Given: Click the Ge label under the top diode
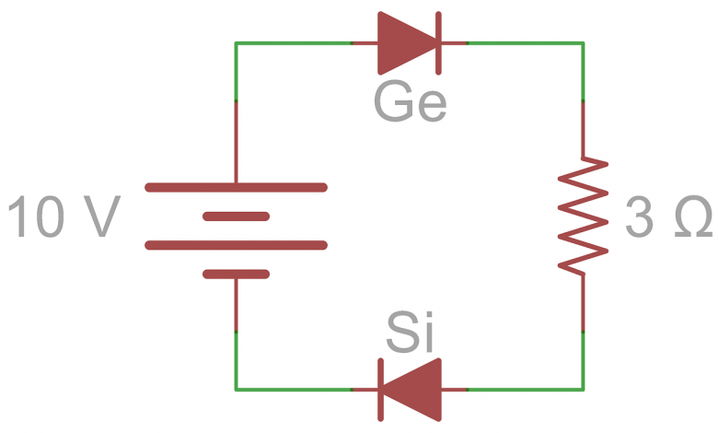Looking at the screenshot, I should pyautogui.click(x=410, y=103).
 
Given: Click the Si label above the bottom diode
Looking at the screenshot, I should pyautogui.click(x=410, y=334).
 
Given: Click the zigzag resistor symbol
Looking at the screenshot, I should pyautogui.click(x=584, y=216).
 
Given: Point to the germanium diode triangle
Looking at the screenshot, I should pyautogui.click(x=406, y=42).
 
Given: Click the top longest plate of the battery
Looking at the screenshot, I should pyautogui.click(x=236, y=188).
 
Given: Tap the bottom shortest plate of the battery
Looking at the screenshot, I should pyautogui.click(x=236, y=274).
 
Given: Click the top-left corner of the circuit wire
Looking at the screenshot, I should pyautogui.click(x=237, y=43).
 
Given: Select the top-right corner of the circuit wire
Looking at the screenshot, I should pyautogui.click(x=583, y=43).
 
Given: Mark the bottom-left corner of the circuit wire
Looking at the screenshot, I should pyautogui.click(x=237, y=389).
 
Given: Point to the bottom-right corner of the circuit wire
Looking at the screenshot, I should pyautogui.click(x=583, y=389).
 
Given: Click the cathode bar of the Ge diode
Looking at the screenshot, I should pyautogui.click(x=438, y=42).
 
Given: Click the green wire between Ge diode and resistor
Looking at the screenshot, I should pyautogui.click(x=525, y=43).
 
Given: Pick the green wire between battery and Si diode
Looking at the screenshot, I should pyautogui.click(x=295, y=389).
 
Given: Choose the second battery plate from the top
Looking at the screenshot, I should pyautogui.click(x=236, y=216).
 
